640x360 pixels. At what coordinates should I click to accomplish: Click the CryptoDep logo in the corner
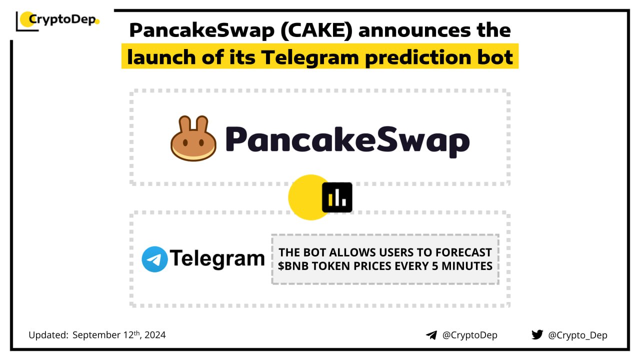tap(57, 20)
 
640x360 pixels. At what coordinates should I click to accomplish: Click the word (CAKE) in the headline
tap(316, 30)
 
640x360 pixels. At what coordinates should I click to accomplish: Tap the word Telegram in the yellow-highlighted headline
tap(309, 57)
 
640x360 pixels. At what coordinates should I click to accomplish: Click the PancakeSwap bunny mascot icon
tap(193, 138)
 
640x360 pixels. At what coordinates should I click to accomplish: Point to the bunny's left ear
tap(184, 125)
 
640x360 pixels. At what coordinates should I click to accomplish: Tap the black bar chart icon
tap(337, 197)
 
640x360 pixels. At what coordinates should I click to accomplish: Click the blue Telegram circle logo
tap(154, 259)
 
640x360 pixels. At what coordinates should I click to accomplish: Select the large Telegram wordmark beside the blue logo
tap(217, 258)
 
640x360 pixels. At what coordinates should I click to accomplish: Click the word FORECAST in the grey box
tap(463, 252)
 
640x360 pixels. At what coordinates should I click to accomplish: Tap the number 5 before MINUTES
tap(435, 266)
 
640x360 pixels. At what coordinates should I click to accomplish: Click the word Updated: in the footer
tap(48, 335)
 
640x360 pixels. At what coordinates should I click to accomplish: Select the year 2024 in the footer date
tap(155, 335)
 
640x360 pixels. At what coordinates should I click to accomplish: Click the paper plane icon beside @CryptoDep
tap(431, 335)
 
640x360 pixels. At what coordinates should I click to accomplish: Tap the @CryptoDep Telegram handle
tap(469, 335)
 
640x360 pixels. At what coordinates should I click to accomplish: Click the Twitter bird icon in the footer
tap(537, 334)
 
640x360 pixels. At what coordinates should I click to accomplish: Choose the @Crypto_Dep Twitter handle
tap(577, 335)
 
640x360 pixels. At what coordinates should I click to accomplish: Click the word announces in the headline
tap(414, 30)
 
